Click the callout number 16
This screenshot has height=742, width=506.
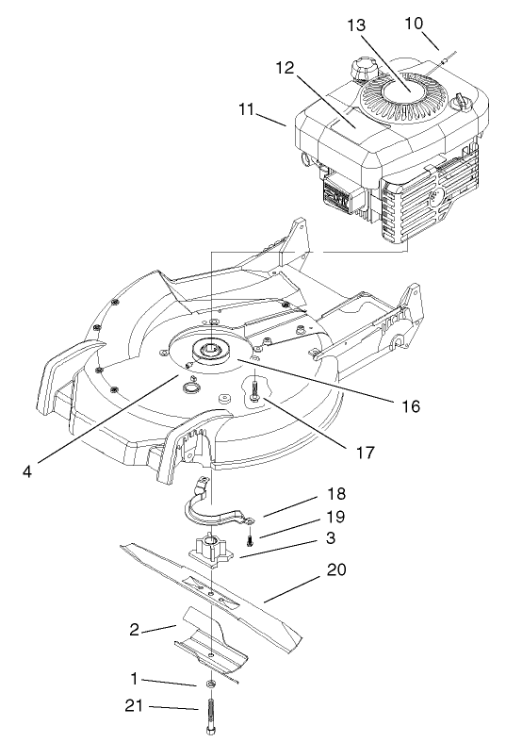coord(407,406)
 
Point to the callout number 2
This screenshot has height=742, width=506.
coord(135,628)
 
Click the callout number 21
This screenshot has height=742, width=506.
coord(133,704)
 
